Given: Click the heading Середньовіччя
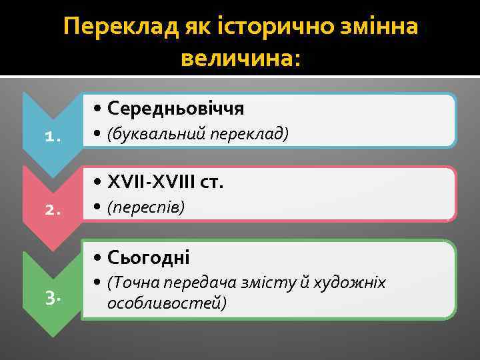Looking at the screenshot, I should click(x=176, y=108).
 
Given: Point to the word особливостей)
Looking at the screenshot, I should click(x=167, y=303).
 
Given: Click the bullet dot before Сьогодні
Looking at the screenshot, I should click(x=98, y=257).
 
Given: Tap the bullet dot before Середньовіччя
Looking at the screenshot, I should click(x=98, y=109).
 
